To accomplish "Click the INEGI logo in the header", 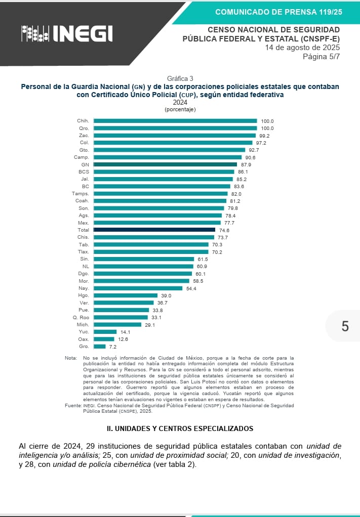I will [x=67, y=33].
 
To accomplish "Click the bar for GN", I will [x=165, y=164].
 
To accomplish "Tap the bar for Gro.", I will [x=100, y=347].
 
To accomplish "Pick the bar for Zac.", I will [x=175, y=136].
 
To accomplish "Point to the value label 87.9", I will [x=246, y=164].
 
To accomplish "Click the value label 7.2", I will [x=113, y=347].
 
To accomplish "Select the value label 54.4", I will [x=191, y=288].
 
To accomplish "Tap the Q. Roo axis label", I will [x=81, y=317].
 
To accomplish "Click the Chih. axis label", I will [x=83, y=121].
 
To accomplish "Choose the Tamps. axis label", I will [x=81, y=194].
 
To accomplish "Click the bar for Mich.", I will [x=117, y=325].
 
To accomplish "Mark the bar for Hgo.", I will [x=126, y=295].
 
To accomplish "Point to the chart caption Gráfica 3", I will [x=180, y=78].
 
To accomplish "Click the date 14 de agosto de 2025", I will [x=302, y=48].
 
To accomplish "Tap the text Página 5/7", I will [x=321, y=56].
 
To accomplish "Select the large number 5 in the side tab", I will [x=345, y=326].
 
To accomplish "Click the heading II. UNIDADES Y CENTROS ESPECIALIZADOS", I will [x=180, y=428].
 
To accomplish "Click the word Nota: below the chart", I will [x=71, y=358].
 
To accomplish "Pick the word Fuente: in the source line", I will [x=73, y=406].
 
